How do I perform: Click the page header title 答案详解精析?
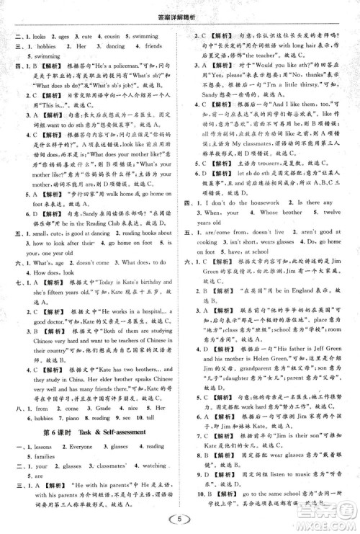point(181,9)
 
